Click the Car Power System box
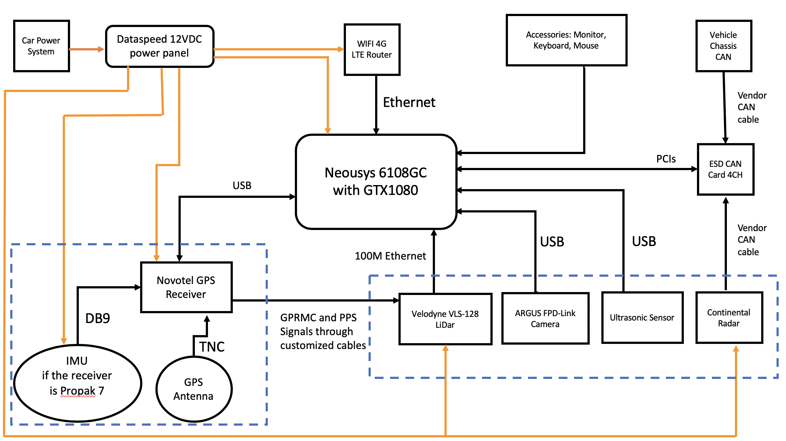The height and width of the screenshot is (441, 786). coord(41,46)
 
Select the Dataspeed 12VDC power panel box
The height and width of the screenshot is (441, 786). coord(159,46)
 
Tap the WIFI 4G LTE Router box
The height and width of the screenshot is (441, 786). coord(372,49)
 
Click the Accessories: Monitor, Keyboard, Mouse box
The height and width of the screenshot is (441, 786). coord(566,40)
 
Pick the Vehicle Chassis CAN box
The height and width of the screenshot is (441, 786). coord(723,46)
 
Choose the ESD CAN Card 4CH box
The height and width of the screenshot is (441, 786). coord(725,169)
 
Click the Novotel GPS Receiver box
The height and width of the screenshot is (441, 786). coord(186,287)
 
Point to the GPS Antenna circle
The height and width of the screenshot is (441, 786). coord(194,389)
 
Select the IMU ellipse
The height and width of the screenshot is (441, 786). coord(77,383)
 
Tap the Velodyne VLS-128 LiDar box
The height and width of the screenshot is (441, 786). coord(445,319)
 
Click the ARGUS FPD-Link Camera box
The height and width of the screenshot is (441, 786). coord(545,318)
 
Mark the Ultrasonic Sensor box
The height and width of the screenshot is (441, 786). coord(642,318)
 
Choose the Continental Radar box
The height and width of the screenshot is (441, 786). coord(729,318)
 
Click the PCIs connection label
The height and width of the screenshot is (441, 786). coord(666,159)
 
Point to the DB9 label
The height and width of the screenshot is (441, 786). coord(97,318)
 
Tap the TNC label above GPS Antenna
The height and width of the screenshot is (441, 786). coord(212,346)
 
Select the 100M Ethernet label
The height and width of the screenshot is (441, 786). coord(390,256)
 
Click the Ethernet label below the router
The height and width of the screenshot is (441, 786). coord(409,103)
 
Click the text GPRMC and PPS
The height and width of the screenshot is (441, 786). coord(318,318)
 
